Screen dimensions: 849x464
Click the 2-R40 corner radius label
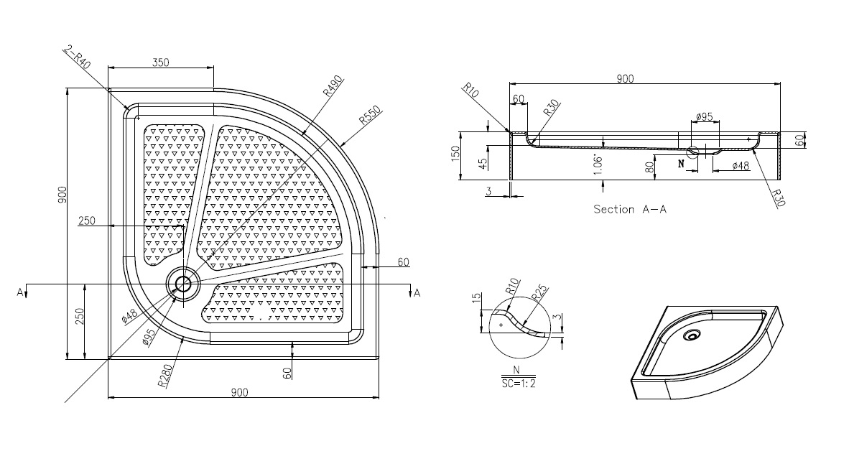tap(78, 57)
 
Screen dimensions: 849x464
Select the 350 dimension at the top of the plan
tap(161, 62)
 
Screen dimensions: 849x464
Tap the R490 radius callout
tap(333, 85)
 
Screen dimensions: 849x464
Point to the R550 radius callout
tap(371, 116)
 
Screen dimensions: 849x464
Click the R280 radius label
tap(165, 376)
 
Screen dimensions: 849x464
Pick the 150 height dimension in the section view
tap(455, 153)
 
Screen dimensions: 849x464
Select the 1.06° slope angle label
tap(598, 164)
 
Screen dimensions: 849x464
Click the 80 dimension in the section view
tap(650, 167)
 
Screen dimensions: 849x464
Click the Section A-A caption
tap(630, 209)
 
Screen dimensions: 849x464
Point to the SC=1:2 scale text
tap(518, 383)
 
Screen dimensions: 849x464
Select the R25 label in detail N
tap(540, 293)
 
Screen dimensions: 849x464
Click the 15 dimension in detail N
tap(476, 297)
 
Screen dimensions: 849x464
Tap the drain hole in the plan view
tap(183, 283)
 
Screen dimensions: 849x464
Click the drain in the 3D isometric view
tap(691, 335)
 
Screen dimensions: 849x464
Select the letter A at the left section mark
tap(20, 292)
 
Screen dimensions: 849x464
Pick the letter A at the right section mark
tap(417, 293)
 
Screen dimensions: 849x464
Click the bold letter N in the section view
tap(681, 164)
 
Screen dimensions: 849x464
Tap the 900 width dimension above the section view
tap(625, 79)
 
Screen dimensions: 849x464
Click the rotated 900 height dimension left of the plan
tap(62, 195)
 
